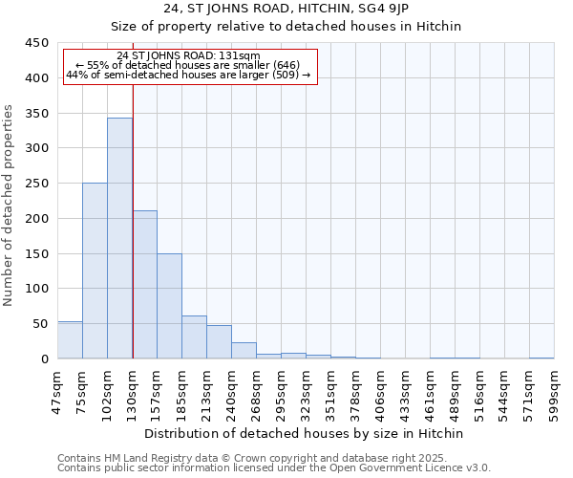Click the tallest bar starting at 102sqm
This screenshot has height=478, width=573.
click(x=119, y=238)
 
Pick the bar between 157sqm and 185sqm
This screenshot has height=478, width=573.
click(x=169, y=306)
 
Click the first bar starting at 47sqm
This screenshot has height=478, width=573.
click(x=70, y=340)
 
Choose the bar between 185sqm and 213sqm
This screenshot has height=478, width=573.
click(x=194, y=337)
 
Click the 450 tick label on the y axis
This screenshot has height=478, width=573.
click(x=36, y=43)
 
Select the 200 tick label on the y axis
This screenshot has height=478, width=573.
click(x=36, y=219)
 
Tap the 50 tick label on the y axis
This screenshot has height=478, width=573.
click(x=40, y=324)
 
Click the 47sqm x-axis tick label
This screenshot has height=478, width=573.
click(x=57, y=391)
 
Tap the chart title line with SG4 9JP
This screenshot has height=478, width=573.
click(x=286, y=9)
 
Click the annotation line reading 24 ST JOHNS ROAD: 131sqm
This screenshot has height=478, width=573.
click(x=188, y=56)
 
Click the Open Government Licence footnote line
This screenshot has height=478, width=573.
click(x=274, y=468)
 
